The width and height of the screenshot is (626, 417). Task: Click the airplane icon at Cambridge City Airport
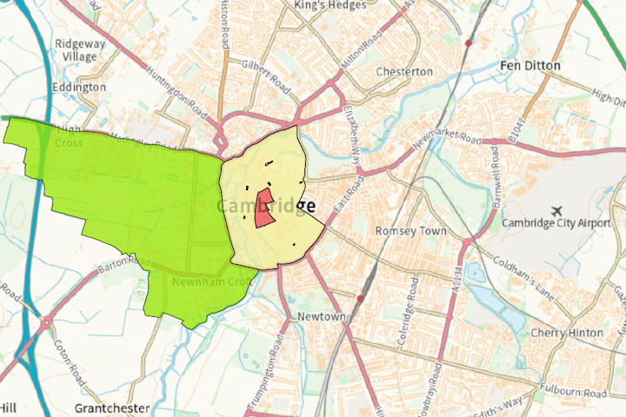coord(556,211)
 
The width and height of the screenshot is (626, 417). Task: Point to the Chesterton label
coord(404,71)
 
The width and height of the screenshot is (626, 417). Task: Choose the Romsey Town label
coord(410,232)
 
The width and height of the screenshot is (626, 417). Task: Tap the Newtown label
coord(322,318)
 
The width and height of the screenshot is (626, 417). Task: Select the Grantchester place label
coord(112,407)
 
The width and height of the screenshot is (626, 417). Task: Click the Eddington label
coord(79,88)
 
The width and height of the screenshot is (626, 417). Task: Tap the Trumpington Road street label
coord(276,361)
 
